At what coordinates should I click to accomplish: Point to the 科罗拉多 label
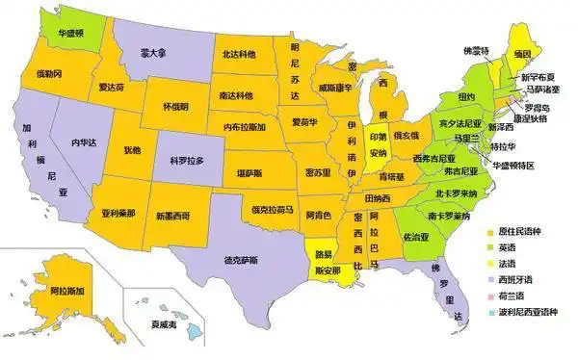188,160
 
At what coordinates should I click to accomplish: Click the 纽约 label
467,96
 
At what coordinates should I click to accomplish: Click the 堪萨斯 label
250,172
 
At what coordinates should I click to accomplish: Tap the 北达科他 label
239,55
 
